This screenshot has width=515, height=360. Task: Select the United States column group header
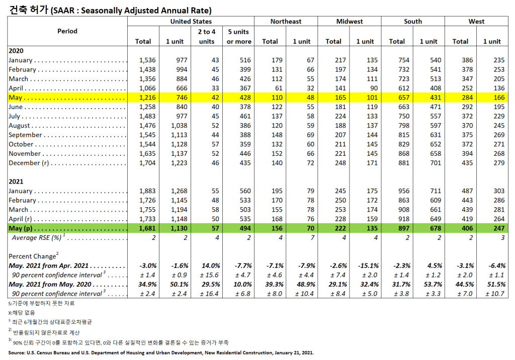pos(191,22)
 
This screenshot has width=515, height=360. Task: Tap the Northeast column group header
pos(286,22)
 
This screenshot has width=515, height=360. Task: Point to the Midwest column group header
pos(349,22)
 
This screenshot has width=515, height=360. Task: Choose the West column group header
pos(476,22)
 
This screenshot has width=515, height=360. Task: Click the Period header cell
pos(67,31)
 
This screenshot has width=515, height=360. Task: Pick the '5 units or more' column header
pos(238,36)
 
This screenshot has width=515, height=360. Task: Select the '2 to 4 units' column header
pos(207,36)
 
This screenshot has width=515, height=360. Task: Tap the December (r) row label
pos(31,163)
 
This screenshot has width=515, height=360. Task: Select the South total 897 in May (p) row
pos(397,228)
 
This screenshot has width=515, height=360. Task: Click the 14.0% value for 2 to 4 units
pos(207,265)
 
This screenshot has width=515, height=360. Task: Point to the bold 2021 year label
pos(16,182)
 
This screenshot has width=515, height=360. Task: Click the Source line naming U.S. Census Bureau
pos(161,352)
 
